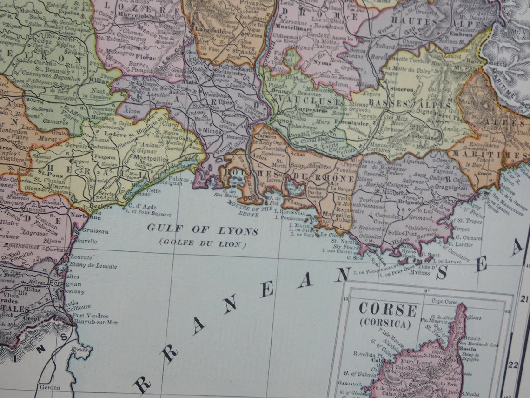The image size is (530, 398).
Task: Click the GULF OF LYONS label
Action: [x=202, y=230]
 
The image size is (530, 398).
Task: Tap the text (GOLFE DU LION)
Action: [x=202, y=243]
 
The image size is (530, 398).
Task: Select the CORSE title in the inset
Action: [x=387, y=310]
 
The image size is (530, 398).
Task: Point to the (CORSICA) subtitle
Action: [x=385, y=323]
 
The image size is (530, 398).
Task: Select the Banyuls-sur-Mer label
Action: [x=95, y=322]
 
